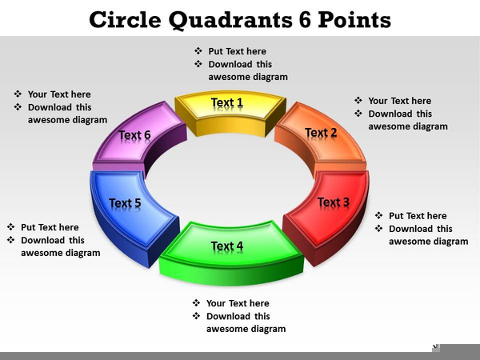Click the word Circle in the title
point(126,20)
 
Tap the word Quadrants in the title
point(230,21)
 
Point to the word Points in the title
point(354,20)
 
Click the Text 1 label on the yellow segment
point(227,102)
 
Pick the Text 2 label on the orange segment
point(321,133)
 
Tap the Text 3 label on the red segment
point(334,202)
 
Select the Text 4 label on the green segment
point(227,246)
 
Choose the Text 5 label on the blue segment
point(125,202)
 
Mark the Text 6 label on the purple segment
point(134,134)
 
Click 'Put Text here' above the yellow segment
point(238,51)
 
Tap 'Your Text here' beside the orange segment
point(399,101)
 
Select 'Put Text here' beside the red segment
point(418,216)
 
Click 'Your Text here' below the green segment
point(238,303)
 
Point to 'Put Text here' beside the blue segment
point(50,227)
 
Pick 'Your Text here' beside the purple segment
point(59,94)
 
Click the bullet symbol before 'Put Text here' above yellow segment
point(198,51)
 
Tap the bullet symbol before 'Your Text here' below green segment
point(196,303)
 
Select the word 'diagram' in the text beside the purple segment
point(91,120)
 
